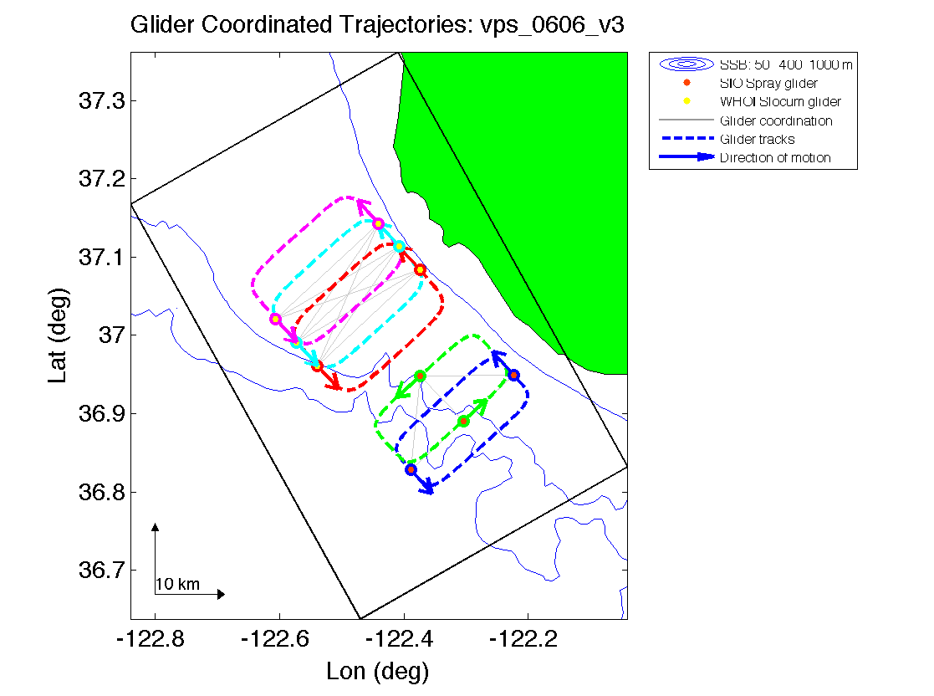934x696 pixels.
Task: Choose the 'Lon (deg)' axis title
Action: click(x=378, y=671)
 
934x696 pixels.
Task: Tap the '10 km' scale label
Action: click(x=177, y=584)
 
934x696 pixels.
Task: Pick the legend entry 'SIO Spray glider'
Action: click(x=768, y=84)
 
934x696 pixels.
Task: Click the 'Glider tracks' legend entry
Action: click(x=757, y=139)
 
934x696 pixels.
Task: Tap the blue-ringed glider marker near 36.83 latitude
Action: click(x=411, y=469)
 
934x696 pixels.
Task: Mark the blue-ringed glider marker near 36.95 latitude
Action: click(x=513, y=375)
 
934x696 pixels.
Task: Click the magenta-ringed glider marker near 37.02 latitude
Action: click(x=275, y=319)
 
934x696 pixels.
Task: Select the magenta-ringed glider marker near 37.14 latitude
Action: click(x=378, y=223)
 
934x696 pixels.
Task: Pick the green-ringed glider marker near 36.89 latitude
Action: click(x=463, y=421)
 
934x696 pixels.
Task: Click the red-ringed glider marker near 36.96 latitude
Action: click(x=317, y=366)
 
